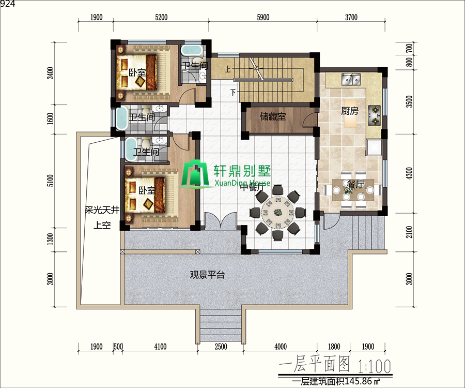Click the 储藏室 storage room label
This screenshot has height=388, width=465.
[273, 116]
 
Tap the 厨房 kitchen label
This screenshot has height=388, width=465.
[350, 111]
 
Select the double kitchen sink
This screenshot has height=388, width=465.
[351, 79]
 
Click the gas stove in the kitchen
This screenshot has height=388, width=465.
[375, 115]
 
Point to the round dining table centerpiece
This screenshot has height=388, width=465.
[278, 212]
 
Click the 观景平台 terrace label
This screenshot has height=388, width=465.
[207, 275]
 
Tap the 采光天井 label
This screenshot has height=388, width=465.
[102, 210]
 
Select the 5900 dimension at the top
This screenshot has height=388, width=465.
[263, 17]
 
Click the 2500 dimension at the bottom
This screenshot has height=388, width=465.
[221, 347]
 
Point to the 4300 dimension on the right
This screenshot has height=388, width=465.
[409, 173]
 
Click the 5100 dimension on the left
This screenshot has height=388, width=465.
[51, 181]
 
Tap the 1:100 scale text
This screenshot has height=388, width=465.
[375, 366]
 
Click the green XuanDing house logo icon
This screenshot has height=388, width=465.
[195, 174]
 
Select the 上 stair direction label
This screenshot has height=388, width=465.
[227, 69]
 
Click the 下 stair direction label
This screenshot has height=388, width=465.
[233, 92]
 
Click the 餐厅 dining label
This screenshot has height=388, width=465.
[355, 184]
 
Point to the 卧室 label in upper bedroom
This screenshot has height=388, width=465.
[137, 72]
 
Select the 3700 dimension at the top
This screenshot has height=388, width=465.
[351, 17]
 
